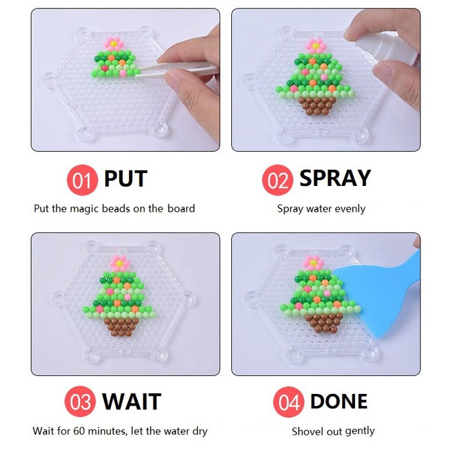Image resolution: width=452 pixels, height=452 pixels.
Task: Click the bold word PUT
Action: [126, 179]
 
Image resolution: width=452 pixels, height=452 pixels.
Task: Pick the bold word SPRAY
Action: [335, 179]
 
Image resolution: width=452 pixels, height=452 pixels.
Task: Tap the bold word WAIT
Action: [132, 402]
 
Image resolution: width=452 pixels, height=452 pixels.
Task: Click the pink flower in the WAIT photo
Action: [121, 262]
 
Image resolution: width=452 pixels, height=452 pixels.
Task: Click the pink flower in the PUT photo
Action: [114, 44]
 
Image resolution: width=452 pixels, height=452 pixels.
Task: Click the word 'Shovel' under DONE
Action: [306, 431]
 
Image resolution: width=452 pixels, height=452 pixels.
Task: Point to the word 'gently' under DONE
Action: [360, 431]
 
